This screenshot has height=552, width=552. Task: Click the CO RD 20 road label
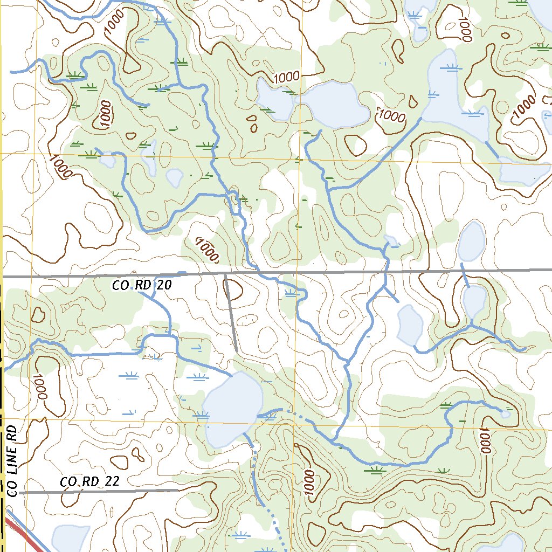pyautogui.click(x=142, y=285)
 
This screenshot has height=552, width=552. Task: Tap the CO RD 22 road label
pyautogui.click(x=89, y=482)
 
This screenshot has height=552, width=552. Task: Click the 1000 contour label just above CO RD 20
pyautogui.click(x=206, y=251)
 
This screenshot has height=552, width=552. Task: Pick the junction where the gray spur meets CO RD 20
pyautogui.click(x=225, y=274)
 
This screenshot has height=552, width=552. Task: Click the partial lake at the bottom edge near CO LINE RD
pyautogui.click(x=70, y=539)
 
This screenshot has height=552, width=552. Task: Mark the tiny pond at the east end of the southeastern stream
pyautogui.click(x=505, y=413)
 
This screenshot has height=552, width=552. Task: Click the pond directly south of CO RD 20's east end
pyautogui.click(x=474, y=302)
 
